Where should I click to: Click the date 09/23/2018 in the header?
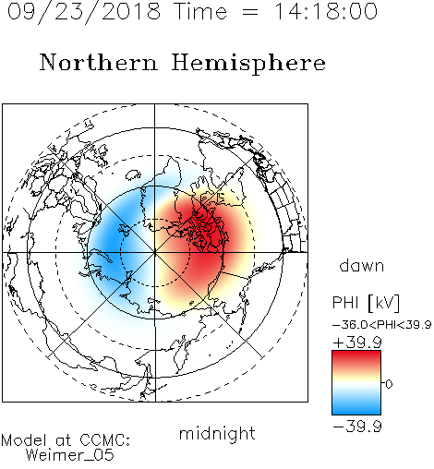(84, 12)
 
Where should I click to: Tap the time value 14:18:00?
(325, 12)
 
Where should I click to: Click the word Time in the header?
(200, 12)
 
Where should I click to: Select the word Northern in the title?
(99, 63)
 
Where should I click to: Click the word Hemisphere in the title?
(248, 64)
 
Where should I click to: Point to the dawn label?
(362, 265)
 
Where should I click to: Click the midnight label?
(217, 434)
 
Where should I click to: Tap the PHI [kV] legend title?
(366, 303)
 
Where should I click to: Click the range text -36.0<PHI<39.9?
(382, 325)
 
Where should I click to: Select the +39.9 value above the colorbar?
(357, 343)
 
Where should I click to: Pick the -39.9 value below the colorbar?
(357, 427)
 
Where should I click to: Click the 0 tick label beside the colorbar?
(389, 384)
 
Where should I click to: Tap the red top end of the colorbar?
(356, 354)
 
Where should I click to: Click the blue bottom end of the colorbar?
(356, 411)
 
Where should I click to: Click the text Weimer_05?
(70, 455)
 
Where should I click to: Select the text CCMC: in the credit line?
(105, 440)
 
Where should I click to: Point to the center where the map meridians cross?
(155, 253)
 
